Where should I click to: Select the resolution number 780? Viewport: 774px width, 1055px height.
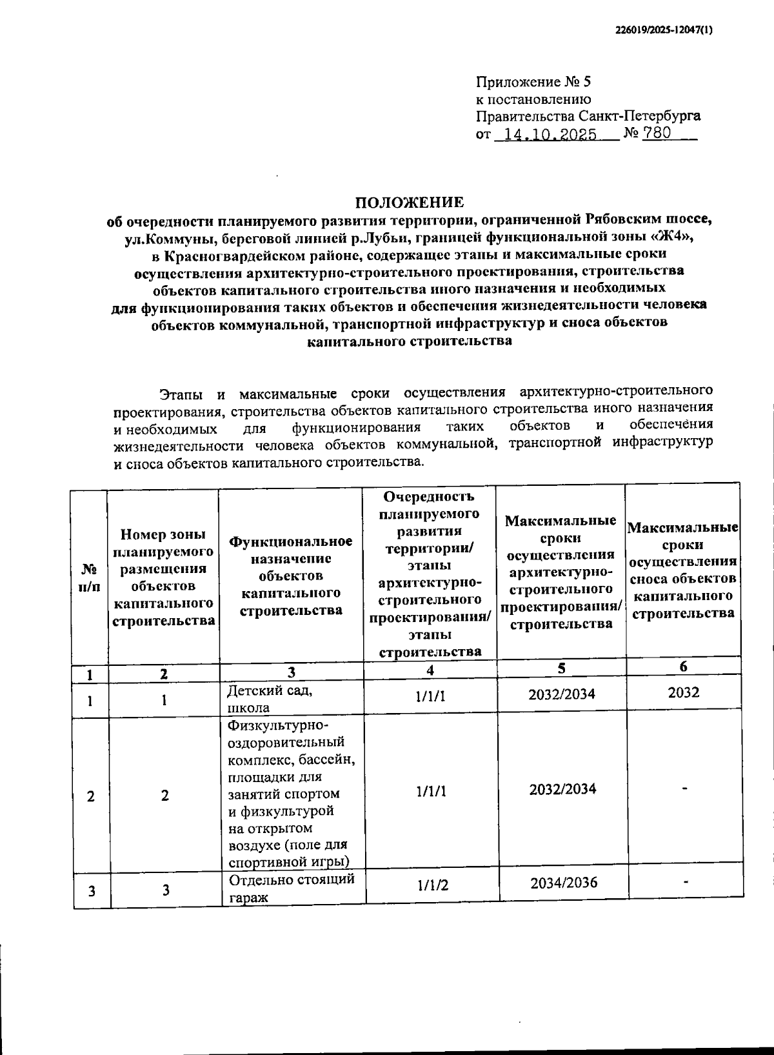[657, 134]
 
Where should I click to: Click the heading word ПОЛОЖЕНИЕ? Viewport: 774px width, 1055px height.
[410, 202]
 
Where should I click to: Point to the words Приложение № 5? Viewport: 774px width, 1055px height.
[533, 82]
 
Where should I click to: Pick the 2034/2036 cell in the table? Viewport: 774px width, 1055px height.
[563, 883]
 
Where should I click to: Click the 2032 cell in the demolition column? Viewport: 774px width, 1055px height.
[682, 692]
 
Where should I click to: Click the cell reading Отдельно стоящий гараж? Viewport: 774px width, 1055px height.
[291, 888]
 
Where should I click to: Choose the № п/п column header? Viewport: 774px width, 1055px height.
[90, 577]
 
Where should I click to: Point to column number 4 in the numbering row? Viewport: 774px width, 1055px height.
[430, 670]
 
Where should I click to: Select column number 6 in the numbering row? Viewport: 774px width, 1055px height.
[683, 667]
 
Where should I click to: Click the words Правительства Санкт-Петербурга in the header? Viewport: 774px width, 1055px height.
[588, 117]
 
